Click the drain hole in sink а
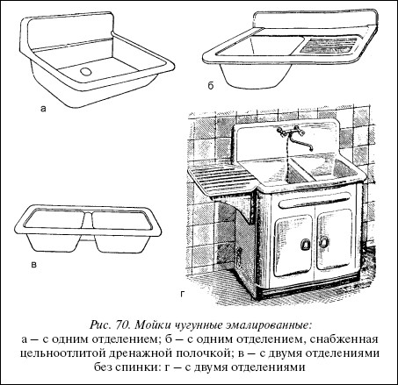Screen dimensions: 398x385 pyautogui.click(x=86, y=71)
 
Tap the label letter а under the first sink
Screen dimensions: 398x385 pyautogui.click(x=43, y=110)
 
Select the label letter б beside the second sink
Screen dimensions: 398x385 pyautogui.click(x=211, y=85)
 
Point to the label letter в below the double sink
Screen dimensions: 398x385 pyautogui.click(x=34, y=265)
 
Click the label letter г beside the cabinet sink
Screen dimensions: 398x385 pyautogui.click(x=183, y=294)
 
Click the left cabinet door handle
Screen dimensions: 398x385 pyautogui.click(x=306, y=244)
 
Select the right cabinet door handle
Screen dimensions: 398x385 pyautogui.click(x=323, y=242)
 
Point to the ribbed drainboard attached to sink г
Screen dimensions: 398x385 pyautogui.click(x=221, y=181)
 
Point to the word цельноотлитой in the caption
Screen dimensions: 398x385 pyautogui.click(x=62, y=353)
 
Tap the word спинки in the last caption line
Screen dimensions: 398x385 pyautogui.click(x=139, y=367)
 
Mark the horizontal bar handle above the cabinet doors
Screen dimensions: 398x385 pyautogui.click(x=315, y=200)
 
